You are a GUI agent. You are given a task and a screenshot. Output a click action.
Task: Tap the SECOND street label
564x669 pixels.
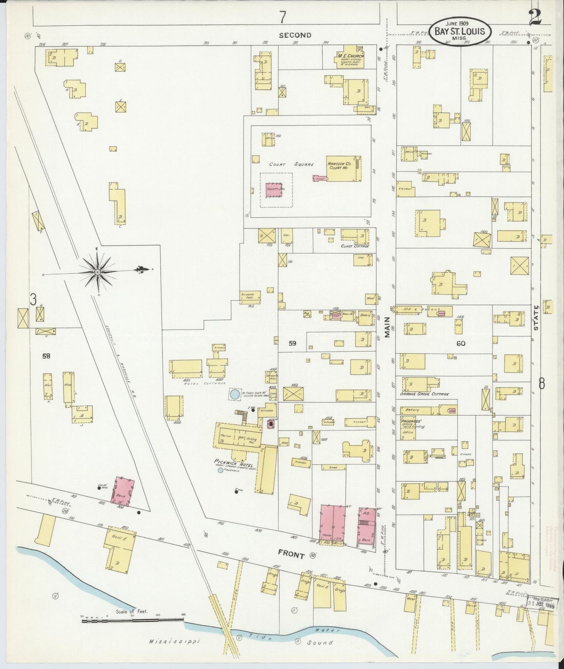coord(295,35)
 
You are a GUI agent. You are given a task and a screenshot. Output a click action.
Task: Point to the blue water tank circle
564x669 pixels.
coord(235,395)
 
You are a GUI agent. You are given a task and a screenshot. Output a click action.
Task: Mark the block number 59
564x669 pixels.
coord(292,343)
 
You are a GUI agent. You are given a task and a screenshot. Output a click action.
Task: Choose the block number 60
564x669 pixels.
coord(460,343)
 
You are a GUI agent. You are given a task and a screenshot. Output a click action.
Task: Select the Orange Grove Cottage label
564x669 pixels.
coord(424,394)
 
